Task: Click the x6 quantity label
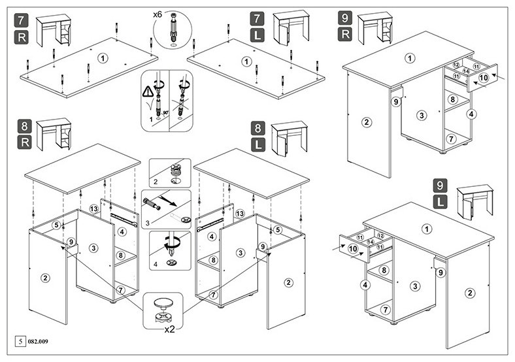click(x=158, y=14)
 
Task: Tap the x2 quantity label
click(x=169, y=329)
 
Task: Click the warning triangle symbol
click(x=148, y=91)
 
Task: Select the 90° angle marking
click(x=165, y=112)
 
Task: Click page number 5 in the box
click(x=20, y=341)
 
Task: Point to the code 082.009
click(x=38, y=342)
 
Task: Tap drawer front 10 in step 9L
click(x=354, y=249)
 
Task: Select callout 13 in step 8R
click(x=94, y=208)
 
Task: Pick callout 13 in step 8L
click(x=240, y=214)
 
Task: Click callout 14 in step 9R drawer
click(x=466, y=71)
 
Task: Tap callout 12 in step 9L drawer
click(x=380, y=235)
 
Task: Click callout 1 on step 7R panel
click(x=103, y=58)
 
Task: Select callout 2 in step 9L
click(x=470, y=293)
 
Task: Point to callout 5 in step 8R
click(x=56, y=225)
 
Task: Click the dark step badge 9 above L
click(x=440, y=186)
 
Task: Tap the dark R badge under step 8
click(x=24, y=143)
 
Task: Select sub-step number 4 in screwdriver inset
click(x=156, y=264)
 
